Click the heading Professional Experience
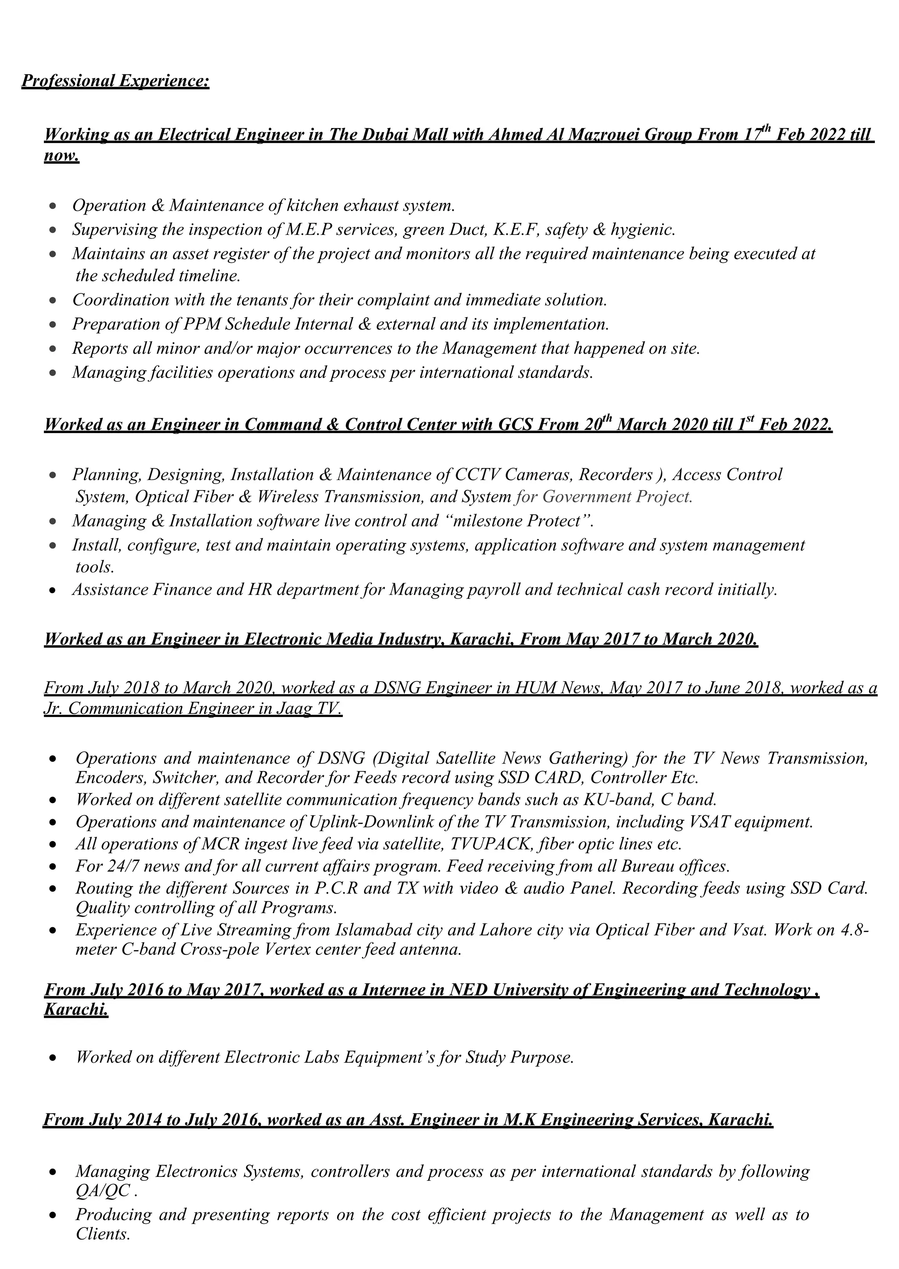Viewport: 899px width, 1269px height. tap(115, 81)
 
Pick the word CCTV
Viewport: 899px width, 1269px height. tap(478, 475)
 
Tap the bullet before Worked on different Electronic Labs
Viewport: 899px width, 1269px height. tap(53, 1058)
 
